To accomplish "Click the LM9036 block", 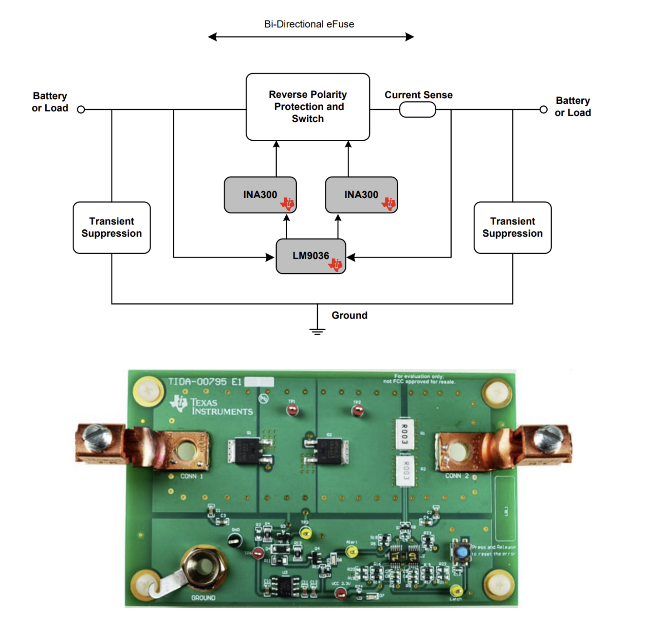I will click(311, 256).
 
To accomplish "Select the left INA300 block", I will click(260, 195).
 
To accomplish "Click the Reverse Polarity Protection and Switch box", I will click(307, 106).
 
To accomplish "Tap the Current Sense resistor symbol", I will click(417, 110).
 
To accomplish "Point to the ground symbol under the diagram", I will click(317, 331).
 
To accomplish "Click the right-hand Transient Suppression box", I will click(512, 227).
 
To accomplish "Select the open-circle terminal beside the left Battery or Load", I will click(81, 110).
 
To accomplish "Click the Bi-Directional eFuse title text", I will click(309, 24).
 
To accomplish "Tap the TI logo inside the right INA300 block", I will click(389, 203).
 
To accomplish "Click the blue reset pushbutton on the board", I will click(462, 552).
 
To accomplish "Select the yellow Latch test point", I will click(456, 590).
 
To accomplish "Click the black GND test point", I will click(235, 540).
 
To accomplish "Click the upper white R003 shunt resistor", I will click(404, 434).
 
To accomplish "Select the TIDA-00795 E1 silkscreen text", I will click(204, 382).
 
